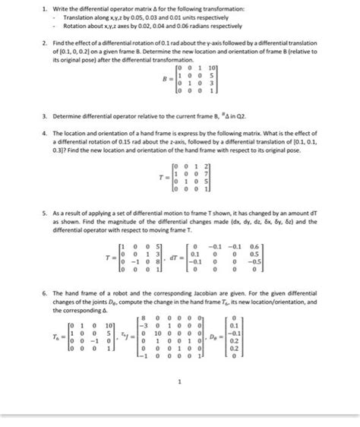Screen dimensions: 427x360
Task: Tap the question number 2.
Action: point(46,45)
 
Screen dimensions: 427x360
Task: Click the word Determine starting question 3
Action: point(73,116)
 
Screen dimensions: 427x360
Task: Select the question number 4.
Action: point(46,133)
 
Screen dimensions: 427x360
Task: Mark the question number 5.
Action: point(46,214)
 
